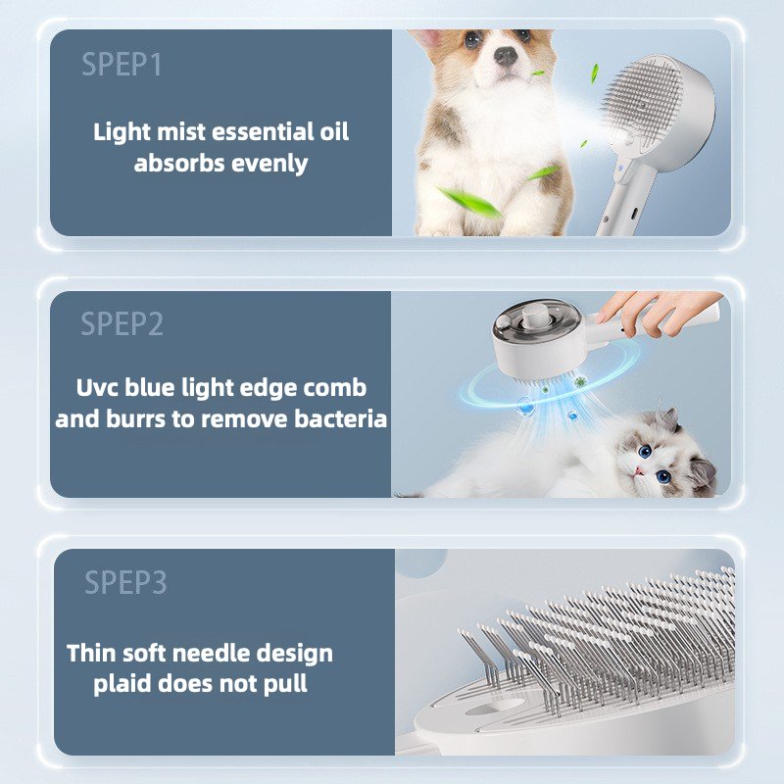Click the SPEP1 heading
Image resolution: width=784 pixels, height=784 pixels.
122,64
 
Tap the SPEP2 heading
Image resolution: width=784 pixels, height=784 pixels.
122,323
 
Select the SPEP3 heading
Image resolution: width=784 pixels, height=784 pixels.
125,582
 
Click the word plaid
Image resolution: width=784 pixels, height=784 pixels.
122,684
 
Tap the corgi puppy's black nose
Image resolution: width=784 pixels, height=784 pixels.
506,56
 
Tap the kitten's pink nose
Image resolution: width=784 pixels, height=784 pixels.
639,471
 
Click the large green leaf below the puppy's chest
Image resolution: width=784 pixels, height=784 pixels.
468,202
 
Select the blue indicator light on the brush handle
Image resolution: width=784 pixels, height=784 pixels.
620,168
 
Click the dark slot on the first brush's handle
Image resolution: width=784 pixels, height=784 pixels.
633,213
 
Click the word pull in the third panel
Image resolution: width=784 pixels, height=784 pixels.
285,684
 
